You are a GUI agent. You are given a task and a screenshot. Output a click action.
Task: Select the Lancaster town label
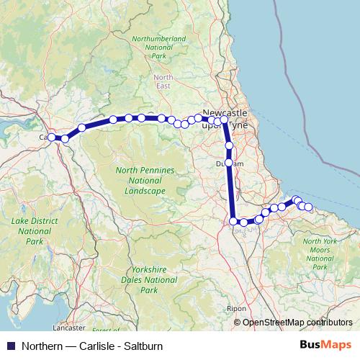tap(68, 328)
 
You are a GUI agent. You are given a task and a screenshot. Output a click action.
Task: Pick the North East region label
tap(163, 81)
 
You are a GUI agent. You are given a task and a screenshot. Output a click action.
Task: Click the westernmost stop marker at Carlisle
tap(52, 137)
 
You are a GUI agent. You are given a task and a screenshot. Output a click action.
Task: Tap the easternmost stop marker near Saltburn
tap(309, 207)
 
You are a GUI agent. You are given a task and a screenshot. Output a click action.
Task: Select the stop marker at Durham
tap(229, 163)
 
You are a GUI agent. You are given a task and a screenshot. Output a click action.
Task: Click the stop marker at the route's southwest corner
tap(233, 221)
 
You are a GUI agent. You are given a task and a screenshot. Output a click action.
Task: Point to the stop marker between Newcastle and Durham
tap(229, 145)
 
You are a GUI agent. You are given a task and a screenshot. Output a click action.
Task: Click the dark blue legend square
tap(11, 345)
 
